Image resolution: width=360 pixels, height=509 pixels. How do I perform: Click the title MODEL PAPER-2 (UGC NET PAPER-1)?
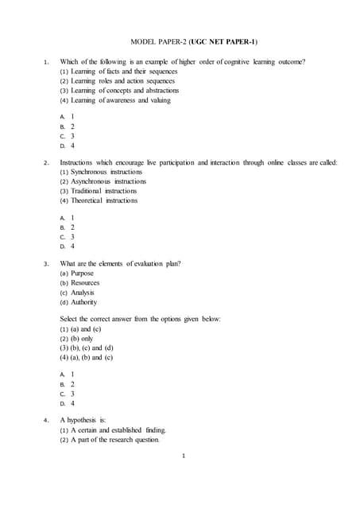(x=193, y=41)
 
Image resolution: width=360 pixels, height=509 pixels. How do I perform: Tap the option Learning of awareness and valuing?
(x=115, y=101)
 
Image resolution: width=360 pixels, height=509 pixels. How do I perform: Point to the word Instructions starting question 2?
(x=79, y=162)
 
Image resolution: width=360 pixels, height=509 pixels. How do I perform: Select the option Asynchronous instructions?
(x=103, y=181)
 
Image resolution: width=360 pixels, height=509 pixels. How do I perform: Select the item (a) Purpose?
(x=77, y=273)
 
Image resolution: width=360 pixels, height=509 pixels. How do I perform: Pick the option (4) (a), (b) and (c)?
(x=87, y=358)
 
